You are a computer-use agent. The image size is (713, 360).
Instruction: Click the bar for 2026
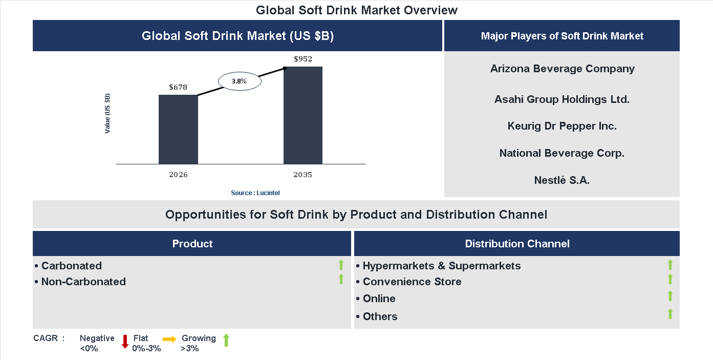[x=178, y=129]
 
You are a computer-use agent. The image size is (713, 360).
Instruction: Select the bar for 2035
[x=303, y=115]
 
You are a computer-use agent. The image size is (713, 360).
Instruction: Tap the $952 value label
[x=303, y=59]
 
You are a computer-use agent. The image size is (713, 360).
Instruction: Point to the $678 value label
[x=178, y=87]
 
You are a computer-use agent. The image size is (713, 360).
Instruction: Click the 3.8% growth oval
[x=240, y=81]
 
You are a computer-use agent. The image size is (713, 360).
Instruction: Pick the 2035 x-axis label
[x=303, y=175]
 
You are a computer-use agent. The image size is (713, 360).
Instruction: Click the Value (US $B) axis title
[x=107, y=114]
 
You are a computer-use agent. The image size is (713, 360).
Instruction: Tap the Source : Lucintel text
[x=255, y=193]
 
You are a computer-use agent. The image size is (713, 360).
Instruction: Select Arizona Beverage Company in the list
[x=562, y=69]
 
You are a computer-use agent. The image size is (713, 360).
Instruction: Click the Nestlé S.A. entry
[x=562, y=180]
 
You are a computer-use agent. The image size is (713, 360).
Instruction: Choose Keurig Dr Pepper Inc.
[x=562, y=126]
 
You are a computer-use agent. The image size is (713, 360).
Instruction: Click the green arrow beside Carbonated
[x=341, y=265]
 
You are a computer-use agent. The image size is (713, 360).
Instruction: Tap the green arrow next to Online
[x=670, y=296]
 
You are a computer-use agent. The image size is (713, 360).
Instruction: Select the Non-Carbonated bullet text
[x=83, y=282]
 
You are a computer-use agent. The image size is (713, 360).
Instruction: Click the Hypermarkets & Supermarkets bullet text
[x=441, y=266]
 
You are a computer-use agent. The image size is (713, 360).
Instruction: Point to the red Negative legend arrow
[x=125, y=342]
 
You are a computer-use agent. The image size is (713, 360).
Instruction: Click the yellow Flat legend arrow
[x=169, y=339]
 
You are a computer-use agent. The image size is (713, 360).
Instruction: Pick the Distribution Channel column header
[x=517, y=244]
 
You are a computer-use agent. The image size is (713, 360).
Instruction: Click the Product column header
[x=192, y=244]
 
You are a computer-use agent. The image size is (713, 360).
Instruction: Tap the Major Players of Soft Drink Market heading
[x=562, y=36]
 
